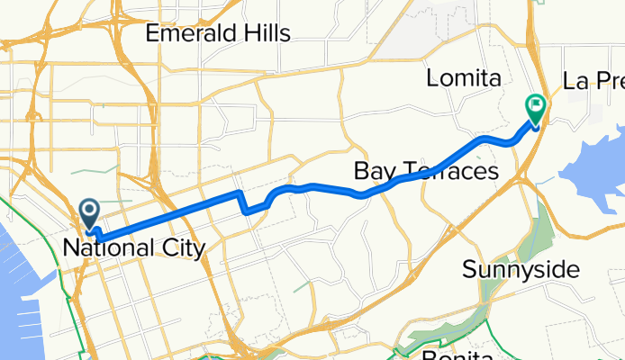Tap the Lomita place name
pyautogui.click(x=463, y=79)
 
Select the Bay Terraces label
pyautogui.click(x=426, y=170)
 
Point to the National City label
pyautogui.click(x=134, y=247)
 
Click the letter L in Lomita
pyautogui.click(x=433, y=79)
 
